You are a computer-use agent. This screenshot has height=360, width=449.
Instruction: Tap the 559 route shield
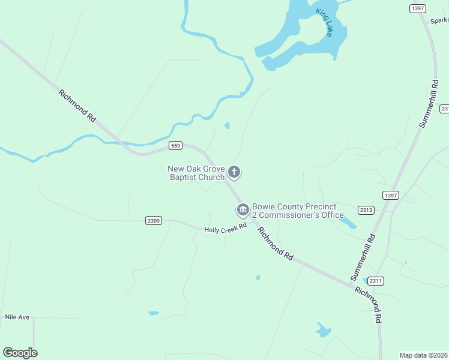pos(175,146)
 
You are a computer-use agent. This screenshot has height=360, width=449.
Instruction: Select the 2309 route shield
pos(154,221)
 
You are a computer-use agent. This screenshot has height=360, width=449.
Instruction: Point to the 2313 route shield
pos(366,210)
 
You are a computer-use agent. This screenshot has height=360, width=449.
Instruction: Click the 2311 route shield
pos(375,281)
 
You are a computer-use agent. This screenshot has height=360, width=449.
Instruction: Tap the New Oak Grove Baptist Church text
pos(196,173)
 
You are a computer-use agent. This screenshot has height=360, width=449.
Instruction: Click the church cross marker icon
pos(234,173)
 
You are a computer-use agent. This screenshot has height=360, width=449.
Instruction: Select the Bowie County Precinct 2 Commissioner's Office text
pos(297,211)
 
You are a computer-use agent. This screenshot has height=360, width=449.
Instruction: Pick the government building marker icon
pos(243,210)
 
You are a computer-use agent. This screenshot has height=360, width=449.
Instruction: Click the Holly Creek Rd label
pos(226,229)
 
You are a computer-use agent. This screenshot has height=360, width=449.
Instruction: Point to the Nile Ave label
pos(17,317)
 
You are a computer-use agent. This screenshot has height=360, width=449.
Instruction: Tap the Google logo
pos(20,353)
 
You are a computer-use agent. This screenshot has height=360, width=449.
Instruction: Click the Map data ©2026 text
pos(424,355)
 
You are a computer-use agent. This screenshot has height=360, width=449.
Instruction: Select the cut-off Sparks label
pos(439,20)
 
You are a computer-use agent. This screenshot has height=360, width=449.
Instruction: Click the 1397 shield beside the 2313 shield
pos(390,196)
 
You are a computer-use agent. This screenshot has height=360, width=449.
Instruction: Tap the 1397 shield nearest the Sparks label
pos(418,8)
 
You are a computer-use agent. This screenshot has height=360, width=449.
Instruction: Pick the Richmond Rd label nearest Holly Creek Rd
pos(276,243)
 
